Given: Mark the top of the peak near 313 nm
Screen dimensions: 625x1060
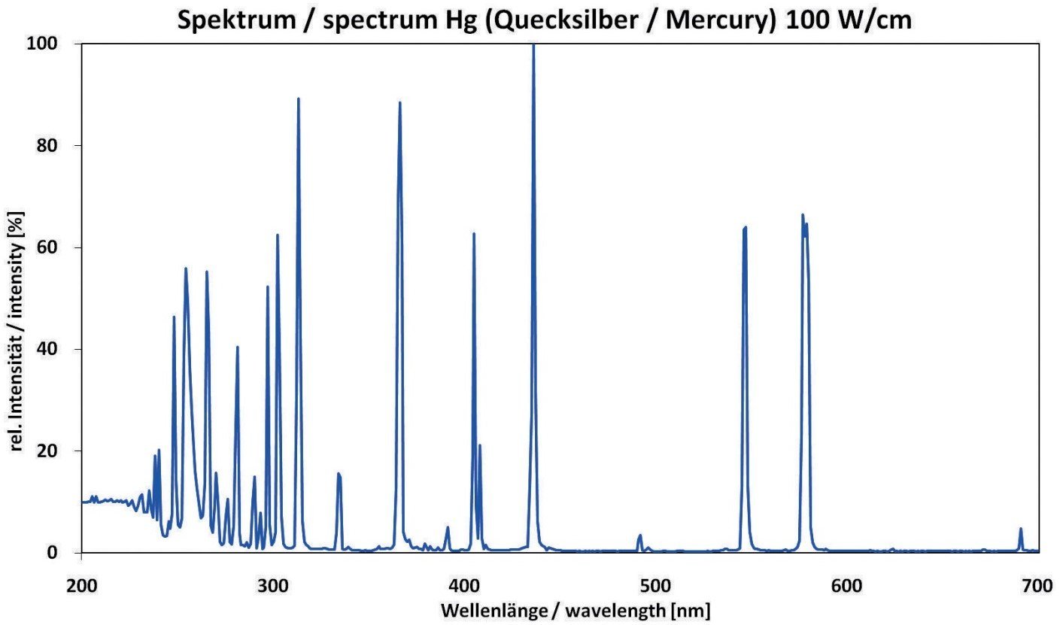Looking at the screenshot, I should pos(298,99).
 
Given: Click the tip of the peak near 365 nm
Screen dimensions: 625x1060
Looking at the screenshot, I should pos(399,103).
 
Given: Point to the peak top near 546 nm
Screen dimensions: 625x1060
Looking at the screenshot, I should pos(745,227).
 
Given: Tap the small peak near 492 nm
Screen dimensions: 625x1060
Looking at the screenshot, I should pos(639,535).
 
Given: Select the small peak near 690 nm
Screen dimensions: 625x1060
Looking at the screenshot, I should pos(1021,529).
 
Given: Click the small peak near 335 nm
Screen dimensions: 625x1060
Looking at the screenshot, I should pos(339,474).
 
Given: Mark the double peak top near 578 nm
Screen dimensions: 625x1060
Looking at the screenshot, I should pos(803,216).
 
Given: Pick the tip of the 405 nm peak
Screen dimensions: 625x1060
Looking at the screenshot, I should pos(473,234).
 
